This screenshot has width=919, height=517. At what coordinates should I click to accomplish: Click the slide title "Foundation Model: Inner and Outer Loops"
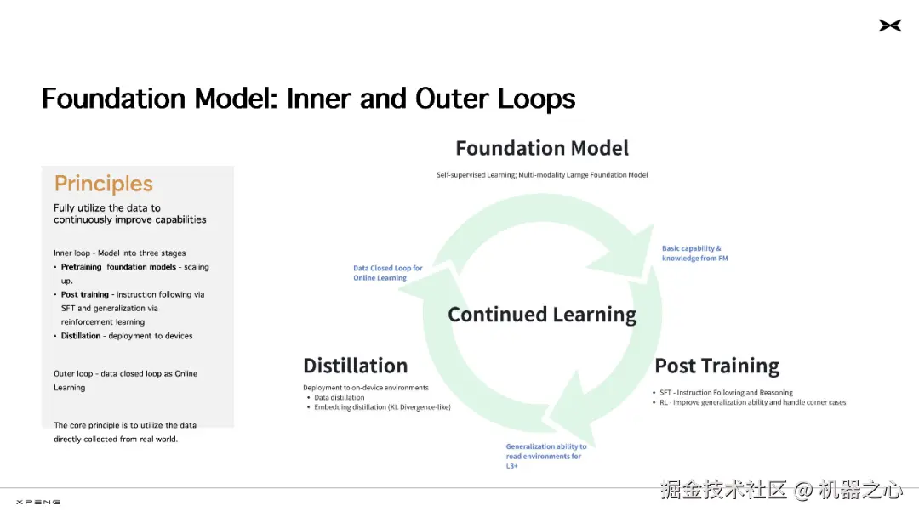pos(308,99)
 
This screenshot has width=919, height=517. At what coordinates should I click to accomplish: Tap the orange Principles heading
pos(104,184)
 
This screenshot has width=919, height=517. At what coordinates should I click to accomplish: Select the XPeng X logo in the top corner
pos(889,26)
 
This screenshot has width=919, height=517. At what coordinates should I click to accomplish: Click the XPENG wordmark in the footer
pos(38,502)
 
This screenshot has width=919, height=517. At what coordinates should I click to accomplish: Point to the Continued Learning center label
pos(542,315)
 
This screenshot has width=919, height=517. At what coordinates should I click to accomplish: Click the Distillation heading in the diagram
pos(355,366)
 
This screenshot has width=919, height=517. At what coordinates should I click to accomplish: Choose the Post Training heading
pos(716,366)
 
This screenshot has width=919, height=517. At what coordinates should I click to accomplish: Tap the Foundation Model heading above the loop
pos(542,148)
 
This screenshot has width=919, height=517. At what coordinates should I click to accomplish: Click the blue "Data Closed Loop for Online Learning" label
pos(388,273)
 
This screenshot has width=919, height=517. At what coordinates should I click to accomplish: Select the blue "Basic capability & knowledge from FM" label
pos(695,253)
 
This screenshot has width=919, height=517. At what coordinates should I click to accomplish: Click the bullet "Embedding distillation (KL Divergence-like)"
pos(382,407)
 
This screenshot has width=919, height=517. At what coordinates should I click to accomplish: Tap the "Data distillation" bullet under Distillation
pos(339,397)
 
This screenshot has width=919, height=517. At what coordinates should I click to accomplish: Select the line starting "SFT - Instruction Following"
pos(726,393)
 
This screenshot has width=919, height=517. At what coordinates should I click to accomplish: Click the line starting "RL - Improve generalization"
pos(752,402)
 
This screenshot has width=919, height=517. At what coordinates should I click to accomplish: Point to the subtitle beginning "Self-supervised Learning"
pos(542,175)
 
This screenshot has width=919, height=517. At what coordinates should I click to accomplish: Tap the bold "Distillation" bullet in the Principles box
pos(81,336)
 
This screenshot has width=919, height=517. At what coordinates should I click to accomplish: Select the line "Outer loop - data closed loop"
pos(125,373)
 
